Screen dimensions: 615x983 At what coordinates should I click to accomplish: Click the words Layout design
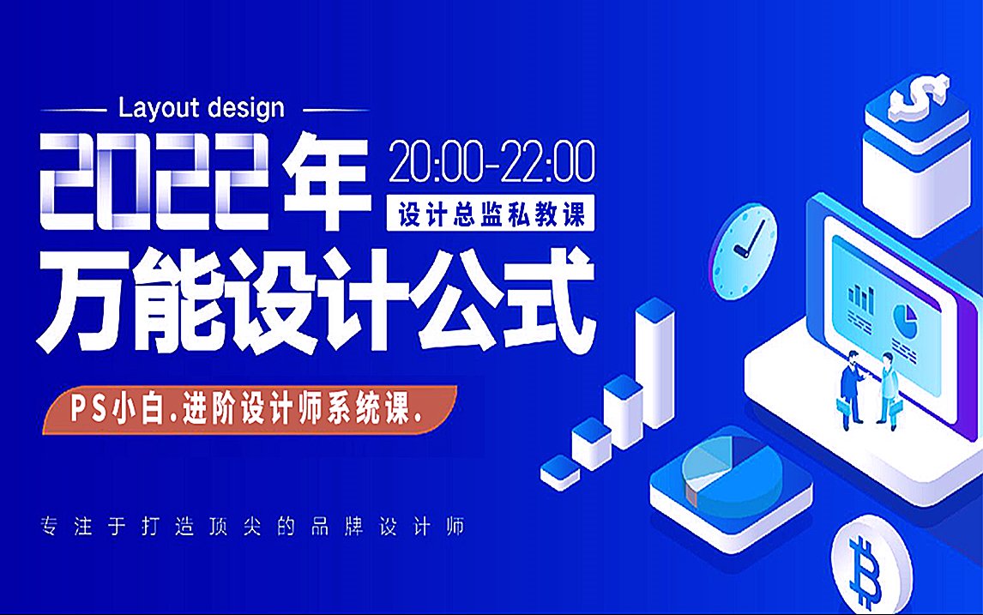pos(201,108)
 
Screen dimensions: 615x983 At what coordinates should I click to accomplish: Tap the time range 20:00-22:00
pos(491,162)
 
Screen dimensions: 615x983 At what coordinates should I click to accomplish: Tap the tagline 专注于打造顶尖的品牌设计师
pos(252,526)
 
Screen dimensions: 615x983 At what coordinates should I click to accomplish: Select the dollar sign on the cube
pos(917,96)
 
